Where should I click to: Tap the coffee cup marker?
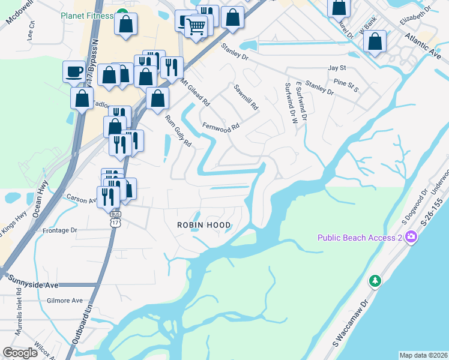(74, 72)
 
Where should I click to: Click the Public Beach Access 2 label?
(359, 238)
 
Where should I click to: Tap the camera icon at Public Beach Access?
(411, 237)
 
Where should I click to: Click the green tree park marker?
(375, 281)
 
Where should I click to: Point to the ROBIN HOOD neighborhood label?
(203, 224)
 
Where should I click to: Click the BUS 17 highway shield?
(115, 220)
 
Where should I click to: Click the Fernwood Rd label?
(221, 127)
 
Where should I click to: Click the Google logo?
(20, 353)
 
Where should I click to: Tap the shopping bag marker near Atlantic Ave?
(375, 42)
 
